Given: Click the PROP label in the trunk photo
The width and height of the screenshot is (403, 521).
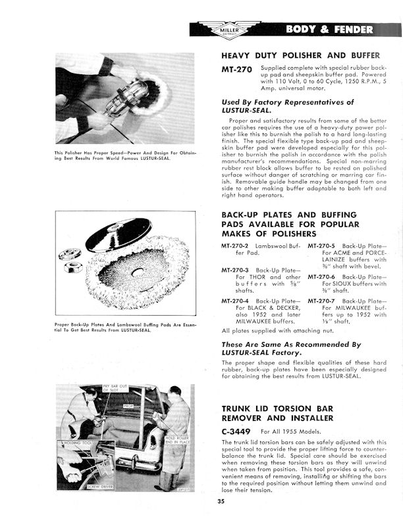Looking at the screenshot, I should [127, 405].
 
